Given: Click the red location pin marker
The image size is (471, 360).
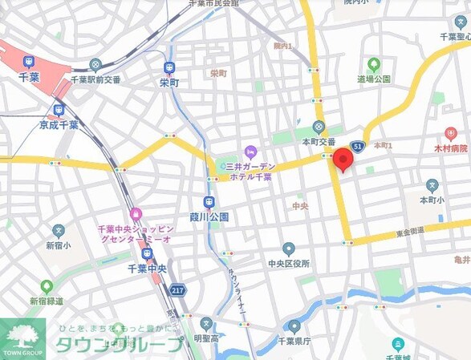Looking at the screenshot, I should pyautogui.click(x=343, y=159).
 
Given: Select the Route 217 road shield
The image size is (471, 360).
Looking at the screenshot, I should pyautogui.click(x=178, y=289).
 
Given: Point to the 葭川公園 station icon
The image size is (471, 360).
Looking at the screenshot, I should pyautogui.click(x=209, y=202).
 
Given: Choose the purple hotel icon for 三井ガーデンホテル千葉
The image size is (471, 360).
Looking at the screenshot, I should pyautogui.click(x=250, y=151).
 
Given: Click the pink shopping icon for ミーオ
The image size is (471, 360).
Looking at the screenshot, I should pyautogui.click(x=136, y=214).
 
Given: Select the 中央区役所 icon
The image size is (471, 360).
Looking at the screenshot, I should pyautogui.click(x=289, y=249).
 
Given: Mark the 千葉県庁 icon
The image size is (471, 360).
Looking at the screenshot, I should pyautogui.click(x=294, y=326).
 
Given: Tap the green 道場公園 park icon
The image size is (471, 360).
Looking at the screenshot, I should pyautogui.click(x=373, y=64).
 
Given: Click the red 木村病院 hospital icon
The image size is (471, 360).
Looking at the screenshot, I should pyautogui.click(x=450, y=133).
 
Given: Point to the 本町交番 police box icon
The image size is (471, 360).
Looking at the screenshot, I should pyautogui.click(x=319, y=127).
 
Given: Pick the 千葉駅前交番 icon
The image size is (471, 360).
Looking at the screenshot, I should pyautogui.click(x=95, y=64).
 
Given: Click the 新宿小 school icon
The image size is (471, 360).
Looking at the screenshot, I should pyautogui.click(x=59, y=231).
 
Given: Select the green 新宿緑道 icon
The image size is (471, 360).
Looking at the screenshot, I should pyautogui.click(x=47, y=286).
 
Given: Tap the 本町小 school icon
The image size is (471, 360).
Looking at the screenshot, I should pyautogui.click(x=430, y=183).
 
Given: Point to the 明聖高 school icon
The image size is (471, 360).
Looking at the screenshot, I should pyautogui.click(x=207, y=325).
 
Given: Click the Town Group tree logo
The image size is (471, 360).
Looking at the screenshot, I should pyautogui.click(x=23, y=332).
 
